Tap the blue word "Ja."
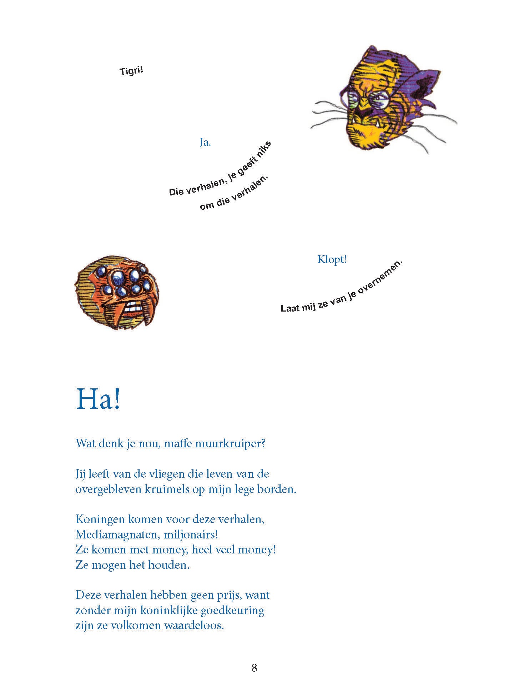click(x=205, y=143)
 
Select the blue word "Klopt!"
click(x=332, y=259)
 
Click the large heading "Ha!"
click(x=98, y=399)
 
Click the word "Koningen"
click(x=100, y=519)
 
